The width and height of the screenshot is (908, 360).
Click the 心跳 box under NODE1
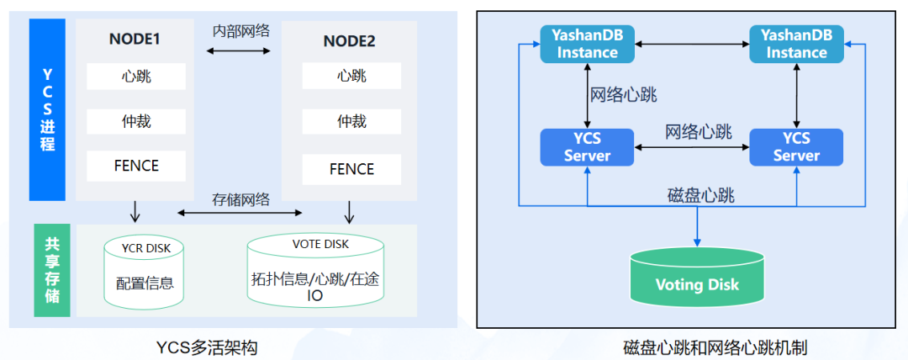coord(136,77)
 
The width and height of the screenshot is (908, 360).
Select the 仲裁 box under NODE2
coord(351,121)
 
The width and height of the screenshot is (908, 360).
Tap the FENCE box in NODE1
coord(136,166)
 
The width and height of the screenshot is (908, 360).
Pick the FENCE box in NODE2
coord(351,169)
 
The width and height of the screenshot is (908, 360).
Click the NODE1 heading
coord(135,40)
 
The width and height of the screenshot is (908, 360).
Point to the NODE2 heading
coord(349,41)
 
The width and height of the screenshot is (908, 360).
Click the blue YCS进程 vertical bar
coord(47,109)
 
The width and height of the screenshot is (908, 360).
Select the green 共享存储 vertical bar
coord(52,270)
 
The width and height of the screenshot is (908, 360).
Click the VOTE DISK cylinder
coord(315,271)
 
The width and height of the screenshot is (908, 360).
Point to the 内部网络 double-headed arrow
coord(239,51)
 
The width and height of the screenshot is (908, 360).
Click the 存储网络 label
coord(240,200)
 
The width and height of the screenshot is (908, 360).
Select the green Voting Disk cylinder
coord(697,277)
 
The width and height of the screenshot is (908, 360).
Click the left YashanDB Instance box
coord(588,44)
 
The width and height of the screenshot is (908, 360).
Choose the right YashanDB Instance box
coord(796,44)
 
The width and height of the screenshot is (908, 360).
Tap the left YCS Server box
coord(587,147)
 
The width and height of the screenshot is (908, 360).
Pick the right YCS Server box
coord(796,147)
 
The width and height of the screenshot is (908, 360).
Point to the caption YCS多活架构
coord(207,348)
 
